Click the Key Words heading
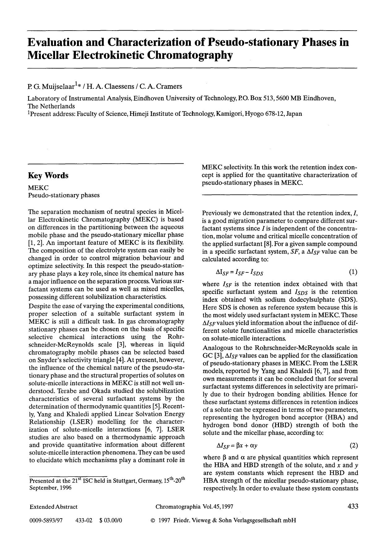(48, 176)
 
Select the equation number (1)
(353, 272)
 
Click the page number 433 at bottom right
(353, 506)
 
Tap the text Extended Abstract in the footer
(53, 507)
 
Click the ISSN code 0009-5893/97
(46, 520)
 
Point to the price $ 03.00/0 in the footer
(111, 520)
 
